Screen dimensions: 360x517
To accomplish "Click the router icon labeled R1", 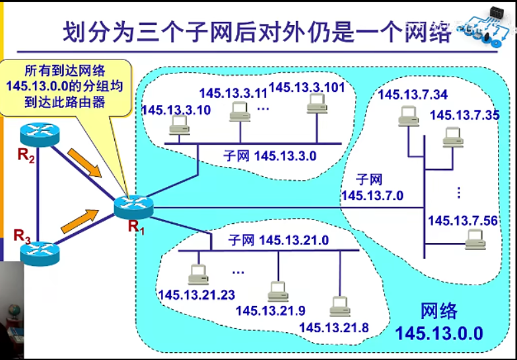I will (x=133, y=206).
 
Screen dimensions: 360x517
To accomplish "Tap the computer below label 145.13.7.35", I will (x=452, y=137).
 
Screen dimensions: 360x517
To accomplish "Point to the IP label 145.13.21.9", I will (x=270, y=310).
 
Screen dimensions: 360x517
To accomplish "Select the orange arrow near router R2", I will (x=86, y=163).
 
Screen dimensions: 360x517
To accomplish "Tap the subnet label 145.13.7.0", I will (x=372, y=188).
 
